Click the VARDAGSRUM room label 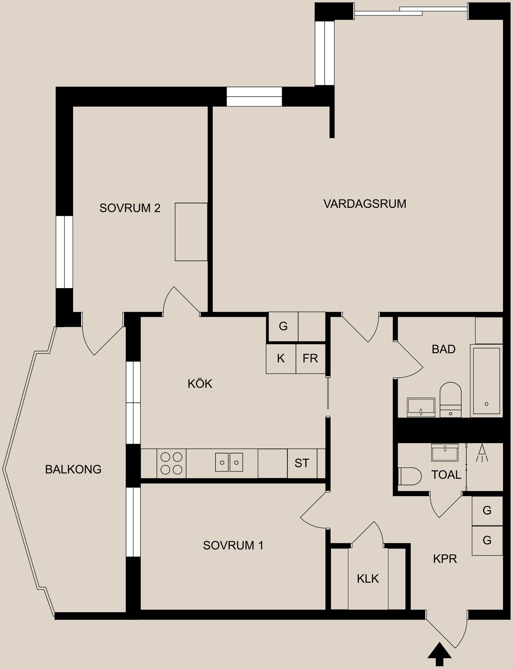click(x=365, y=204)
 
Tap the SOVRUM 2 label click(x=130, y=208)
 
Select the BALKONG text click(x=73, y=469)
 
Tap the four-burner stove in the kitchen click(x=171, y=463)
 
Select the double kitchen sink click(x=229, y=462)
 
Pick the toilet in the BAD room click(x=450, y=399)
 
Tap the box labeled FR click(x=310, y=358)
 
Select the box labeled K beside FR click(x=281, y=358)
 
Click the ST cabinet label click(x=302, y=463)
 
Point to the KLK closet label click(x=368, y=579)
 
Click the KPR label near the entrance click(x=445, y=559)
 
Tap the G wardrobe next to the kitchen click(x=283, y=326)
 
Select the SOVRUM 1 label click(x=233, y=545)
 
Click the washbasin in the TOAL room click(x=445, y=453)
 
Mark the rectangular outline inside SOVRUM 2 click(x=191, y=232)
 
